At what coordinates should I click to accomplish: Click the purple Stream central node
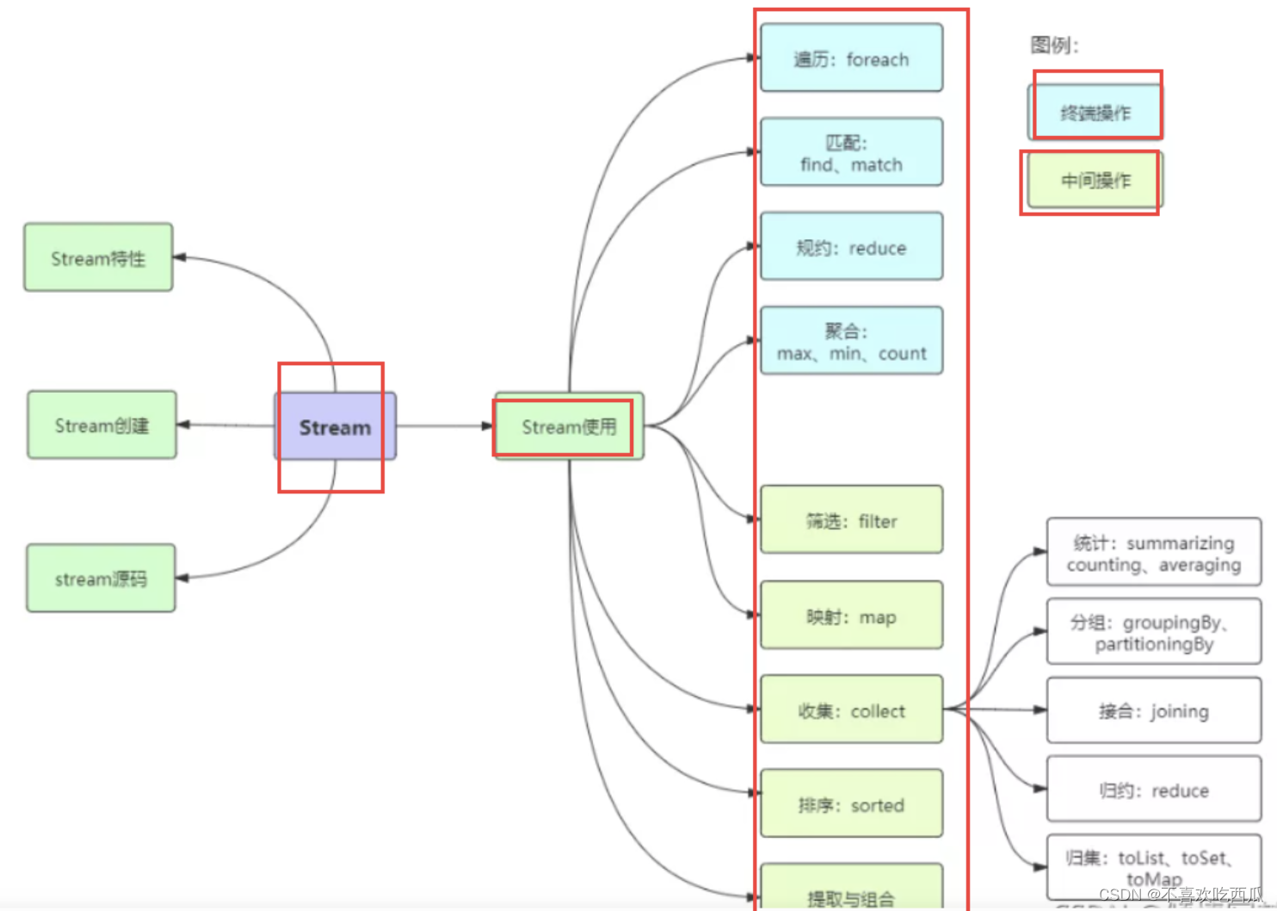335,426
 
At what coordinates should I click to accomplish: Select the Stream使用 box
569,426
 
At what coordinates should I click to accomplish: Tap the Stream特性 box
98,257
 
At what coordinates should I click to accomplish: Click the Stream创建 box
102,425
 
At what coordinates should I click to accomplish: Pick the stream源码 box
101,578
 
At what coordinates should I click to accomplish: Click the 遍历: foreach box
851,59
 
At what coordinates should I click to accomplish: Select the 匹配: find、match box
851,152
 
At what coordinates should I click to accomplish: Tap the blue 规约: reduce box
851,247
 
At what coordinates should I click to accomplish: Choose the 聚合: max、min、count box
851,341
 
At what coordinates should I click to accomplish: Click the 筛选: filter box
851,520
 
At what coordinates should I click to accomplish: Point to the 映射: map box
851,616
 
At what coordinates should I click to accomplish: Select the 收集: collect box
851,710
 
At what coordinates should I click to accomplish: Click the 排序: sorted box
851,803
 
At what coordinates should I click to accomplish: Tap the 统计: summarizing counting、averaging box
1153,553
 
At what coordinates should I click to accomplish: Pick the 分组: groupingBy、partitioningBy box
1153,632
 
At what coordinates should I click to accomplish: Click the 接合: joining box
1153,710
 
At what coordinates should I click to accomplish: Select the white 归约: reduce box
1153,790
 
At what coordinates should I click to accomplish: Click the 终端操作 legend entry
1095,112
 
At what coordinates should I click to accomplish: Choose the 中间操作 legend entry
1095,180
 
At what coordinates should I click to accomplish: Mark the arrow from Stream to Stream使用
443,425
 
